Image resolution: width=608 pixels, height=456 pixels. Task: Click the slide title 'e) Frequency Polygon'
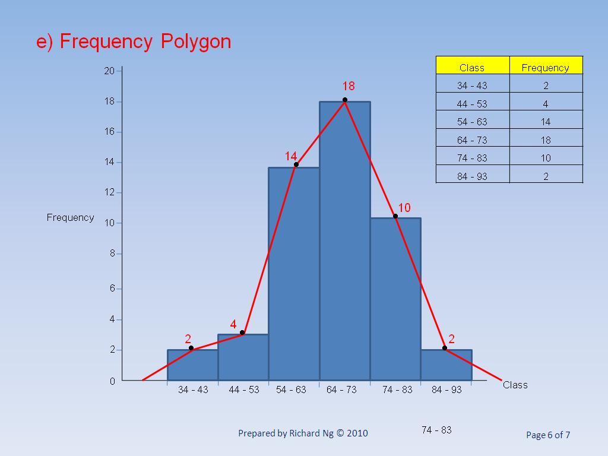click(134, 42)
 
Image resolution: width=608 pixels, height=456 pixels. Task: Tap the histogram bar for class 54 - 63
click(294, 273)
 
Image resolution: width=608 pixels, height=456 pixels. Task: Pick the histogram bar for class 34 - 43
click(192, 365)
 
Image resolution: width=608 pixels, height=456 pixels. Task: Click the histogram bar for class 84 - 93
click(446, 365)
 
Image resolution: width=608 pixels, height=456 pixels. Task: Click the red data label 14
click(290, 156)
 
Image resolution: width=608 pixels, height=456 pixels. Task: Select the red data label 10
click(404, 208)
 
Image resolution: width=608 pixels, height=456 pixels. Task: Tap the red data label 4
click(233, 325)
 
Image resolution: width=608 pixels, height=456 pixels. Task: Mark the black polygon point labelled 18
click(345, 100)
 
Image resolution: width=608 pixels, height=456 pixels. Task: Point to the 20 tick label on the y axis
click(109, 71)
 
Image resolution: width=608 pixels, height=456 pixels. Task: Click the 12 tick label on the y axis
click(109, 193)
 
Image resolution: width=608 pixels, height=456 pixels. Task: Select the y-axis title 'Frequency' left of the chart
click(70, 217)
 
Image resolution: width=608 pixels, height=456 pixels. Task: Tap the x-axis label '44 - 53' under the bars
click(244, 390)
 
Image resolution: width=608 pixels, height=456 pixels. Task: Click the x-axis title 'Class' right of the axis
click(515, 385)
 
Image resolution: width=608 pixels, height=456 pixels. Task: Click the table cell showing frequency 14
click(546, 122)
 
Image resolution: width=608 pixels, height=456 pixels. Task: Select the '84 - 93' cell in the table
click(473, 176)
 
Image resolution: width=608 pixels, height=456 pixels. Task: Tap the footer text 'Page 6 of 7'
click(548, 435)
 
